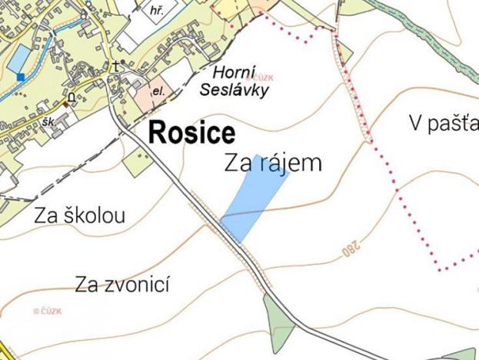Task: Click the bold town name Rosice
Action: (x=191, y=132)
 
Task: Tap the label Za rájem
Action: (x=273, y=163)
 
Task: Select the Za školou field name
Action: (x=79, y=215)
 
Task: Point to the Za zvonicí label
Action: (x=122, y=286)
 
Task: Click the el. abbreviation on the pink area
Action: (x=158, y=91)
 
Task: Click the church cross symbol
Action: (x=116, y=66)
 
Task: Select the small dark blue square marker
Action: (x=19, y=76)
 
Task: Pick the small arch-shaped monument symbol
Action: (x=72, y=98)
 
